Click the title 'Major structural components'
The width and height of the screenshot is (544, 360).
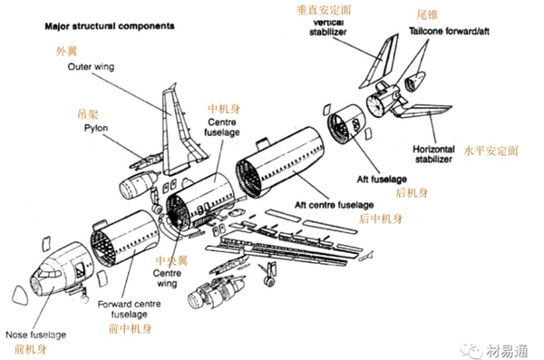coord(110,26)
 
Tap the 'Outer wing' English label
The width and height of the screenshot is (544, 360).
coord(91,67)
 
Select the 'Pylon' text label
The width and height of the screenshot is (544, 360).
coord(96,128)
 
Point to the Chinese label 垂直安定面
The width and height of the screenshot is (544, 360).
coord(324,10)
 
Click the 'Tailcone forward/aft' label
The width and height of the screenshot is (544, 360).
coord(449,31)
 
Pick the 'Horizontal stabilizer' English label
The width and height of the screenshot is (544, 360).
coord(433,154)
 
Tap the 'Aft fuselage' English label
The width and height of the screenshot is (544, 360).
coord(382,180)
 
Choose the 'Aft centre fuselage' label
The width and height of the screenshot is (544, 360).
coord(334,205)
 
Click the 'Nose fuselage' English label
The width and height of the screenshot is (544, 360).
coord(35,335)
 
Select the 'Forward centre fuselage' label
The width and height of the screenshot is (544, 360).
coord(129,309)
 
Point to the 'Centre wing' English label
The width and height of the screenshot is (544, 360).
coord(167,278)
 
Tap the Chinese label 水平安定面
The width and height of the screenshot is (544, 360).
coord(491,151)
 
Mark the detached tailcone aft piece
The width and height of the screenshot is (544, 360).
coord(414,82)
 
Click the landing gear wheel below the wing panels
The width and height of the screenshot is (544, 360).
coord(269,280)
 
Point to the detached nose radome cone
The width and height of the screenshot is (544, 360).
coord(20,296)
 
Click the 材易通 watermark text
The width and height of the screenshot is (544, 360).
coord(507,351)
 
